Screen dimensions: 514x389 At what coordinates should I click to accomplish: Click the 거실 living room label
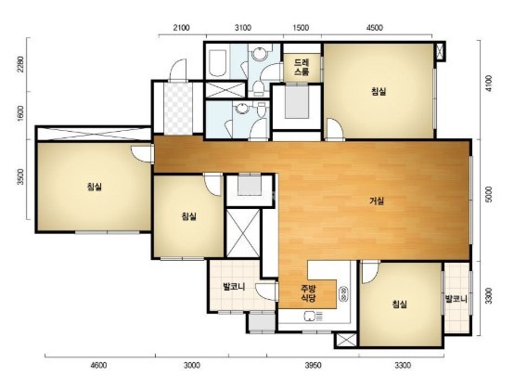click(377, 201)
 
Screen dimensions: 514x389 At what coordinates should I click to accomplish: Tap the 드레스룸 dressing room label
click(302, 67)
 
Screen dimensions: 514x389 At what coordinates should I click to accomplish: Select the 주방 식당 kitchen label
click(308, 293)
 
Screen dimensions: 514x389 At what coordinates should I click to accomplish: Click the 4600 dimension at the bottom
click(98, 365)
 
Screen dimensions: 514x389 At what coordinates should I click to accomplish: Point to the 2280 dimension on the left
click(20, 65)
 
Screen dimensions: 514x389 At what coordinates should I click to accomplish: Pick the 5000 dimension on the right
click(488, 195)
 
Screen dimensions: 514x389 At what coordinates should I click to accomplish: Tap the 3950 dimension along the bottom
click(313, 365)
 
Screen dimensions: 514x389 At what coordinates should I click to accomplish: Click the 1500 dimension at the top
click(301, 28)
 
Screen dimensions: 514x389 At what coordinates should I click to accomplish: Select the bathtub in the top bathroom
click(217, 63)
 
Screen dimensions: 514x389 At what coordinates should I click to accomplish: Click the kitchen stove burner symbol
click(344, 294)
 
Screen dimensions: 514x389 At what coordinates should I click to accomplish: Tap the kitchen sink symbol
click(314, 317)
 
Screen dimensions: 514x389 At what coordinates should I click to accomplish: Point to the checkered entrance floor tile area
click(177, 109)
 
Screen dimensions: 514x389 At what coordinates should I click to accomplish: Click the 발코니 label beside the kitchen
click(234, 287)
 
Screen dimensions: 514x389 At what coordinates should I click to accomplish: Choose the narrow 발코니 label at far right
click(456, 299)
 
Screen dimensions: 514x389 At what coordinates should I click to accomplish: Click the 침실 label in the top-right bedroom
click(379, 91)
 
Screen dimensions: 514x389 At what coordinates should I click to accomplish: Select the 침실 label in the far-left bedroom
click(95, 187)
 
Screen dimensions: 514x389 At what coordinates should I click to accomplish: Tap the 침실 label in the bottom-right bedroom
click(400, 304)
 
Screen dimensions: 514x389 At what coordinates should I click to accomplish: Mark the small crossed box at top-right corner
click(440, 51)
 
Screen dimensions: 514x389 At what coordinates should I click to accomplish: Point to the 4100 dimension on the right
click(488, 84)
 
